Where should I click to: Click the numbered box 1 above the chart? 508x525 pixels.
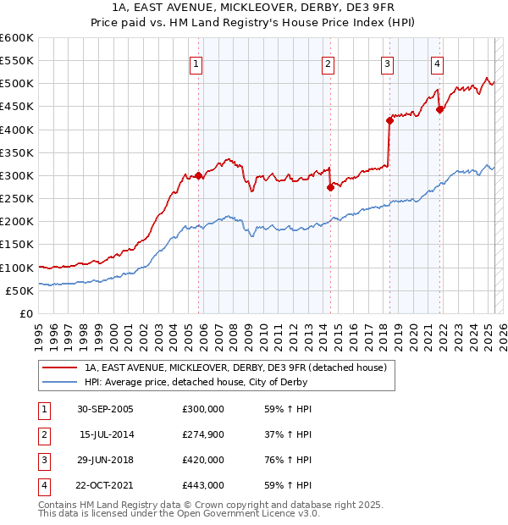196,64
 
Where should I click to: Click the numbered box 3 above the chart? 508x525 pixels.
387,64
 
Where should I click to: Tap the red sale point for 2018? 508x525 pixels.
389,120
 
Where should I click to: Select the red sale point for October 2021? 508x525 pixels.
439,109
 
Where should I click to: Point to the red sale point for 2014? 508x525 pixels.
330,187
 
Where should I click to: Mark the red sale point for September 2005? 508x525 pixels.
199,175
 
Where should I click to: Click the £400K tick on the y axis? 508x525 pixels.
16,130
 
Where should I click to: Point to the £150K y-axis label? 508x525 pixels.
16,244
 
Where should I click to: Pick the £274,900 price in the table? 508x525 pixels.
203,434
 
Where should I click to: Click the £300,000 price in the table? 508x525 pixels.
203,409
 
